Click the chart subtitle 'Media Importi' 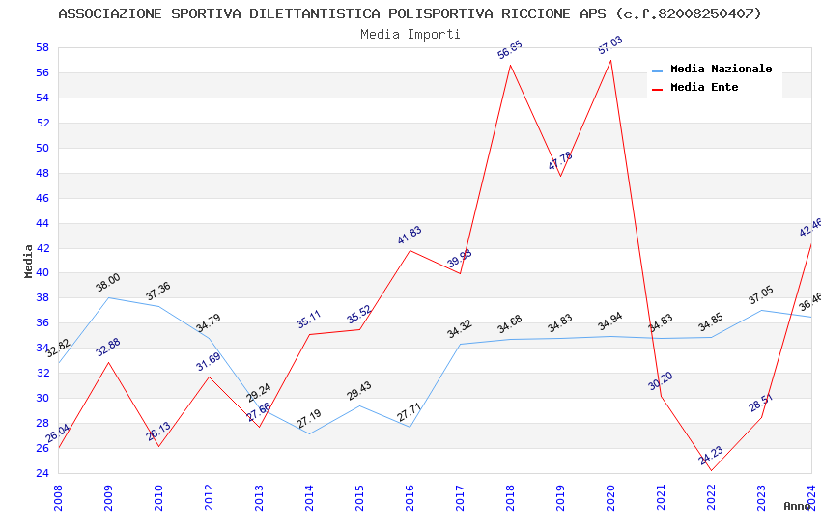point(410,34)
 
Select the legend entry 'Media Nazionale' point(721,70)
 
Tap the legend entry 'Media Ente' point(704,88)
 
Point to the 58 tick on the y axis point(42,47)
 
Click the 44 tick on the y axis point(42,223)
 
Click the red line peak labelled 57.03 point(610,60)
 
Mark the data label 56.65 point(510,50)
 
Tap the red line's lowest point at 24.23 point(711,470)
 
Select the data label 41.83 point(410,236)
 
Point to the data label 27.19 point(309,419)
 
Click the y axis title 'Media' point(29,261)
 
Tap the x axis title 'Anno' point(797,506)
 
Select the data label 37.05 point(761,295)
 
